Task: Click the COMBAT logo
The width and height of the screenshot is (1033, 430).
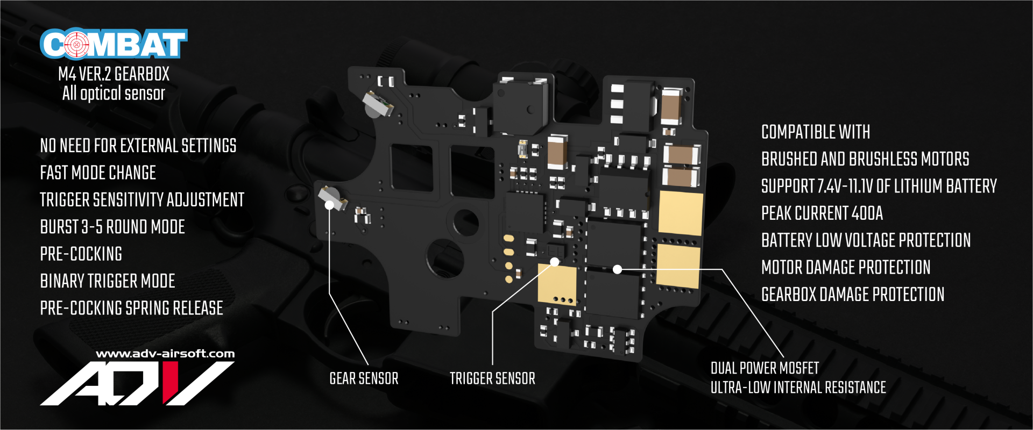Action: coord(114,44)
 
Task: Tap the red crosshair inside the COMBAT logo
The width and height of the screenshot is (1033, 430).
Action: coord(76,44)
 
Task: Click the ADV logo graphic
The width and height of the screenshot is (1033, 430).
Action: coord(137,383)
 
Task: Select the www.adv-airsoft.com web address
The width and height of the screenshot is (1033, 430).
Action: coord(165,354)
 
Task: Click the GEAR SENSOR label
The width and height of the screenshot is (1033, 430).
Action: coord(364,378)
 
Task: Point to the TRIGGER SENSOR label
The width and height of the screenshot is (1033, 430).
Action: coord(492,378)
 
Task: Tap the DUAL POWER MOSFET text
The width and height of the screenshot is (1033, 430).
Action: coord(765,368)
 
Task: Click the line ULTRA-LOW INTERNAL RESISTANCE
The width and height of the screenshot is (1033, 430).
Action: coord(798,388)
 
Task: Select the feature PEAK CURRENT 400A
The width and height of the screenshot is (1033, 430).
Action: coord(822,213)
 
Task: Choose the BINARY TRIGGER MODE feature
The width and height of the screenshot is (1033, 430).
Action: coord(108,281)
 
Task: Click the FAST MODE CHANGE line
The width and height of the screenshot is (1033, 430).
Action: coord(98,173)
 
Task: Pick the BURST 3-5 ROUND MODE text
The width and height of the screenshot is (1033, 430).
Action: coord(112,227)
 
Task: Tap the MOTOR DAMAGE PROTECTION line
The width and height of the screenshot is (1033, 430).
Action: coord(845,267)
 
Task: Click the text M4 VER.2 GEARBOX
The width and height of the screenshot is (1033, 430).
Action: coord(114,74)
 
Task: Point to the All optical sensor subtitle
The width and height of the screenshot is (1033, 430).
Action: coord(114,94)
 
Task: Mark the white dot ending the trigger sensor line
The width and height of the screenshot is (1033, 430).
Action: coord(555,262)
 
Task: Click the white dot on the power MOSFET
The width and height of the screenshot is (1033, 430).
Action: coord(618,269)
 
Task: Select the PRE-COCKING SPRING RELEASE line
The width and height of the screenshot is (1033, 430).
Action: coord(131,308)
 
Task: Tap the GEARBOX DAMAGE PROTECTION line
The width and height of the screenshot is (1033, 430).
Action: coord(852,295)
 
